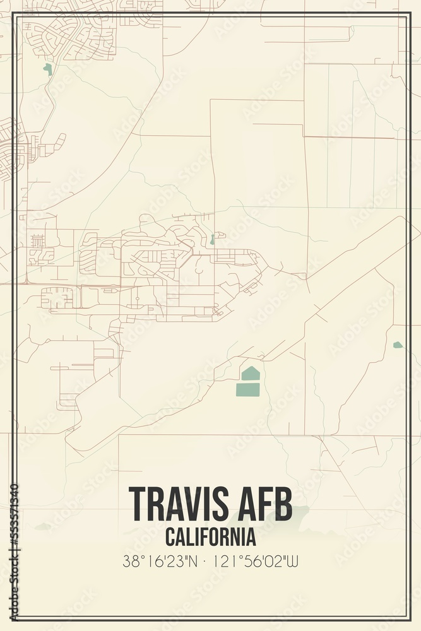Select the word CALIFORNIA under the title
point(211,537)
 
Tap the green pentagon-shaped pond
point(251,374)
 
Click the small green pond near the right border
point(397,345)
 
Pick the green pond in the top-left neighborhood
point(47,69)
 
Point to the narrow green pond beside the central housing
point(212,240)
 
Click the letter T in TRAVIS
point(138,504)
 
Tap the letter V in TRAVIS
point(194,504)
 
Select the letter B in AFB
point(284,504)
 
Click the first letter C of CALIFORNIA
point(170,537)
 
